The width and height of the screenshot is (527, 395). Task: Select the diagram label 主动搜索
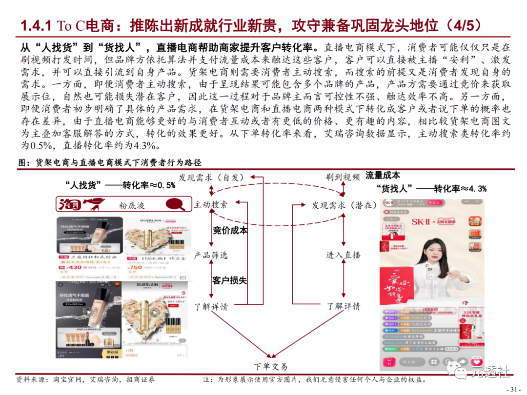coord(211,205)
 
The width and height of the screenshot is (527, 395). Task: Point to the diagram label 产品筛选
coord(211,255)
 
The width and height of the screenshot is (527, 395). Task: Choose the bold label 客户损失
coord(229,280)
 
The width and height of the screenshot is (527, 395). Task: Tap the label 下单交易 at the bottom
coord(271,367)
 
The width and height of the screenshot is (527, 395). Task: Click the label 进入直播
coord(344,255)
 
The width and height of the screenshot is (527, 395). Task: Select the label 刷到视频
coord(343,178)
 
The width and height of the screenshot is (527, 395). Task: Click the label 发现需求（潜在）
coord(345,205)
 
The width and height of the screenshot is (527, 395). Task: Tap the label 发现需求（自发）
coord(211,178)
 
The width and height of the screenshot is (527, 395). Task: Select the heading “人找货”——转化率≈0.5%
coord(120,185)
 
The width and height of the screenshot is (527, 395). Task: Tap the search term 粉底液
coord(132,206)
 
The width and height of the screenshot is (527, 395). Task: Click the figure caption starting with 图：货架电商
coord(110,162)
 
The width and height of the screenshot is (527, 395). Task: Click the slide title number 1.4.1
coord(37,25)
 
